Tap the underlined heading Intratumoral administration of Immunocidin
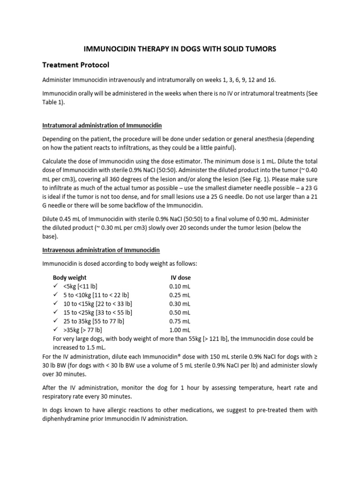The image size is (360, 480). (102, 126)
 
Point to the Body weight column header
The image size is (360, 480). (69, 277)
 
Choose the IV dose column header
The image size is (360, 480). (180, 277)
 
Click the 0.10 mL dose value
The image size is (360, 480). (180, 286)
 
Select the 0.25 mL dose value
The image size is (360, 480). (180, 295)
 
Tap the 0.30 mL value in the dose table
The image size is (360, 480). (180, 304)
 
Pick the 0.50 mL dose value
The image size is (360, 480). (180, 312)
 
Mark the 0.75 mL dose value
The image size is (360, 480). (180, 321)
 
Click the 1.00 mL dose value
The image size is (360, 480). (180, 330)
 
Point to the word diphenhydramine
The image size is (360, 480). (68, 419)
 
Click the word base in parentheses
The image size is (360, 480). (50, 236)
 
